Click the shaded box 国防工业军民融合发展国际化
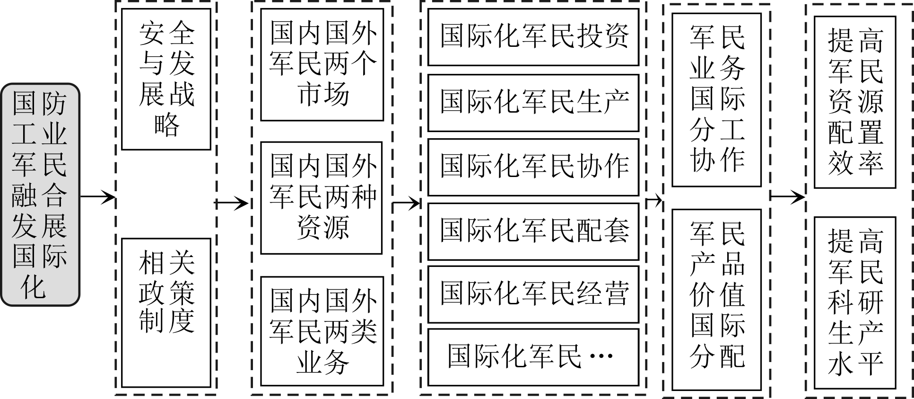40,195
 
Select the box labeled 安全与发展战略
166,79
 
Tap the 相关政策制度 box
166,313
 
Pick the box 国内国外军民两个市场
322,64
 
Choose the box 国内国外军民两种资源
322,198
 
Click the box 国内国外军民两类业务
322,331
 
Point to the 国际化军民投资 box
533,37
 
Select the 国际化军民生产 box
533,102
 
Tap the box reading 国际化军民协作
533,167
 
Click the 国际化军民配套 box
533,231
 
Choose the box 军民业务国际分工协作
716,99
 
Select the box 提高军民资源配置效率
855,102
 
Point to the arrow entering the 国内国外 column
232,204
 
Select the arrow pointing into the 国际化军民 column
407,204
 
